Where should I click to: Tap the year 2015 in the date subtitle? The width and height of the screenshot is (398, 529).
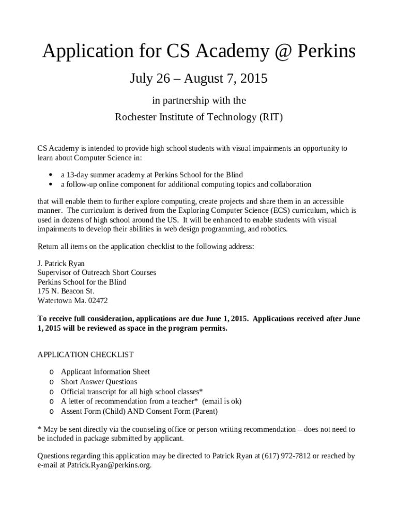point(253,79)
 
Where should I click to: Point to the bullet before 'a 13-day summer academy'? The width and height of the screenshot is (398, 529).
point(50,175)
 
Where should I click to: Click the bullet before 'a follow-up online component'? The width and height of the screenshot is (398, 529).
point(50,184)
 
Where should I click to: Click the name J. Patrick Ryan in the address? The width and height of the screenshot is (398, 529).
point(61,263)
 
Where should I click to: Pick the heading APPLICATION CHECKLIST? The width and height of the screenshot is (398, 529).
point(86,354)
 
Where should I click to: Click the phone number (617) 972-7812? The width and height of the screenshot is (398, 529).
point(286,456)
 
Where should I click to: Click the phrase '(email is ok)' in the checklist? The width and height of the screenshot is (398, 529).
point(222,401)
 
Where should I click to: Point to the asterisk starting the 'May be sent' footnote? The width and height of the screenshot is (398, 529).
point(39,429)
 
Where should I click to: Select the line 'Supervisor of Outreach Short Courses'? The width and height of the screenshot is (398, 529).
point(97,272)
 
